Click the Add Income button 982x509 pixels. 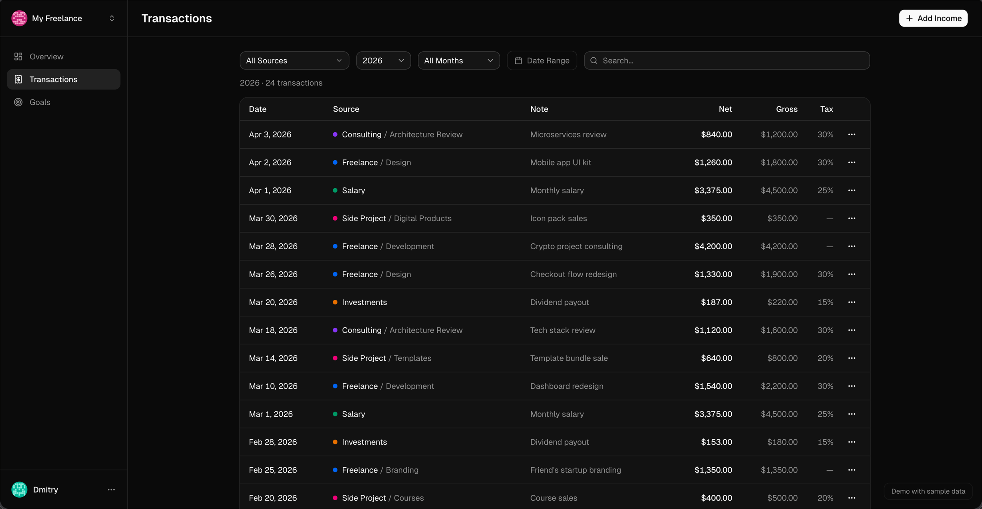pyautogui.click(x=933, y=18)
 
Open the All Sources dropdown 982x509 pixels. pyautogui.click(x=294, y=60)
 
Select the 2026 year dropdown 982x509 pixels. pyautogui.click(x=383, y=60)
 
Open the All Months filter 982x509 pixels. pyautogui.click(x=458, y=60)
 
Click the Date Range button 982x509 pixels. pyautogui.click(x=542, y=60)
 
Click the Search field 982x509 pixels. pyautogui.click(x=727, y=60)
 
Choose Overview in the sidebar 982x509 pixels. pyautogui.click(x=47, y=56)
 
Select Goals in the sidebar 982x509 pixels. pyautogui.click(x=40, y=102)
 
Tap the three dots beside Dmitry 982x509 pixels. pyautogui.click(x=111, y=490)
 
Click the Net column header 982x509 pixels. pyautogui.click(x=725, y=109)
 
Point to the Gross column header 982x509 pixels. pyautogui.click(x=786, y=109)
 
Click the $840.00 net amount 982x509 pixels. pyautogui.click(x=716, y=134)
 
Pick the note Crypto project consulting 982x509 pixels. pyautogui.click(x=576, y=247)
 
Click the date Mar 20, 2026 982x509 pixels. pyautogui.click(x=273, y=302)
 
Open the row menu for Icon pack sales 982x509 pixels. pyautogui.click(x=852, y=218)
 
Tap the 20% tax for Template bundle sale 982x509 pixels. pyautogui.click(x=825, y=358)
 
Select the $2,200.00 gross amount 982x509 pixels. pyautogui.click(x=779, y=386)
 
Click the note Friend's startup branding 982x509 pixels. pyautogui.click(x=575, y=470)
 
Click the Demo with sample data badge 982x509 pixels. pyautogui.click(x=928, y=491)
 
